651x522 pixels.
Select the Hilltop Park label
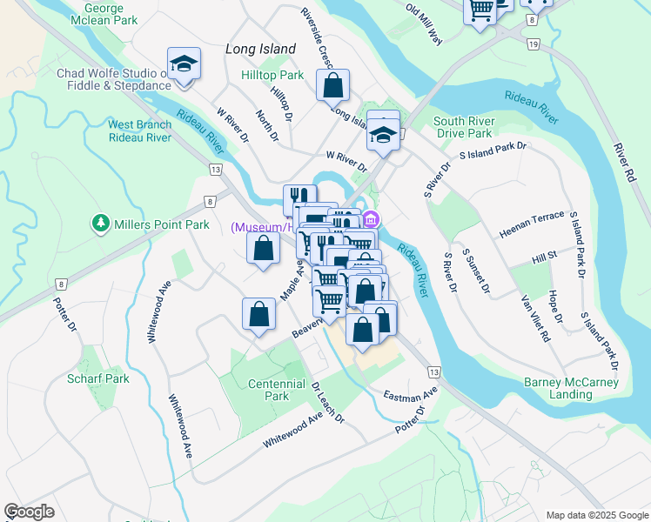pyautogui.click(x=272, y=76)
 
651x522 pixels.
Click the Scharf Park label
pyautogui.click(x=98, y=378)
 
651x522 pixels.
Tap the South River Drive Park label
pyautogui.click(x=464, y=127)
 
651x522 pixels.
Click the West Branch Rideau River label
pyautogui.click(x=139, y=131)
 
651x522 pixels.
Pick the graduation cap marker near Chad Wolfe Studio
pyautogui.click(x=184, y=64)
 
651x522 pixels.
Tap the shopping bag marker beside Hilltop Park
pyautogui.click(x=332, y=86)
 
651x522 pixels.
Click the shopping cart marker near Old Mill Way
pyautogui.click(x=480, y=10)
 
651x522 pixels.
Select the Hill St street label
pyautogui.click(x=544, y=258)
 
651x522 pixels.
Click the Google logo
pyautogui.click(x=29, y=512)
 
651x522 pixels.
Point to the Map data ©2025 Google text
pyautogui.click(x=596, y=515)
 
